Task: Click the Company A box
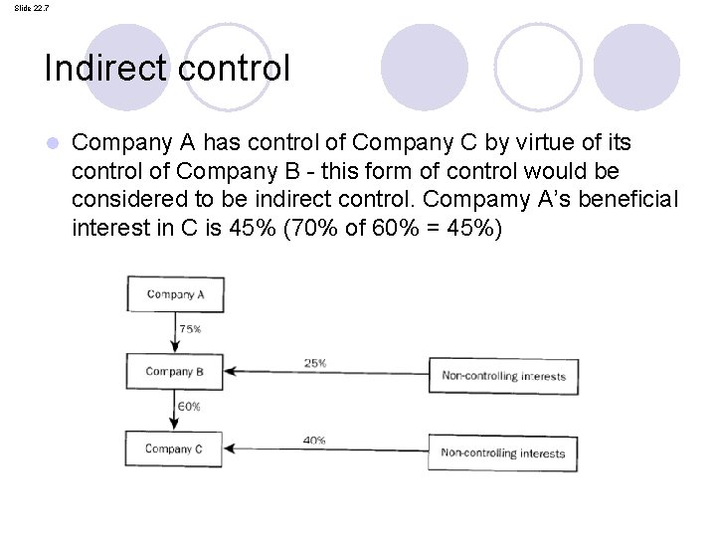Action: pos(176,294)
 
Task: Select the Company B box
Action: pos(175,372)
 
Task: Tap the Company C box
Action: pos(175,449)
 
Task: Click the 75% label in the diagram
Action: pos(190,328)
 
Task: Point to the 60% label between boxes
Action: pos(189,407)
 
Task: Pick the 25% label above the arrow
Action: pos(315,363)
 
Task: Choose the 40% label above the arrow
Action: pos(314,441)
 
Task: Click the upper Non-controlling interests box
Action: pos(503,376)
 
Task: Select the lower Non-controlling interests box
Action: pos(502,453)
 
